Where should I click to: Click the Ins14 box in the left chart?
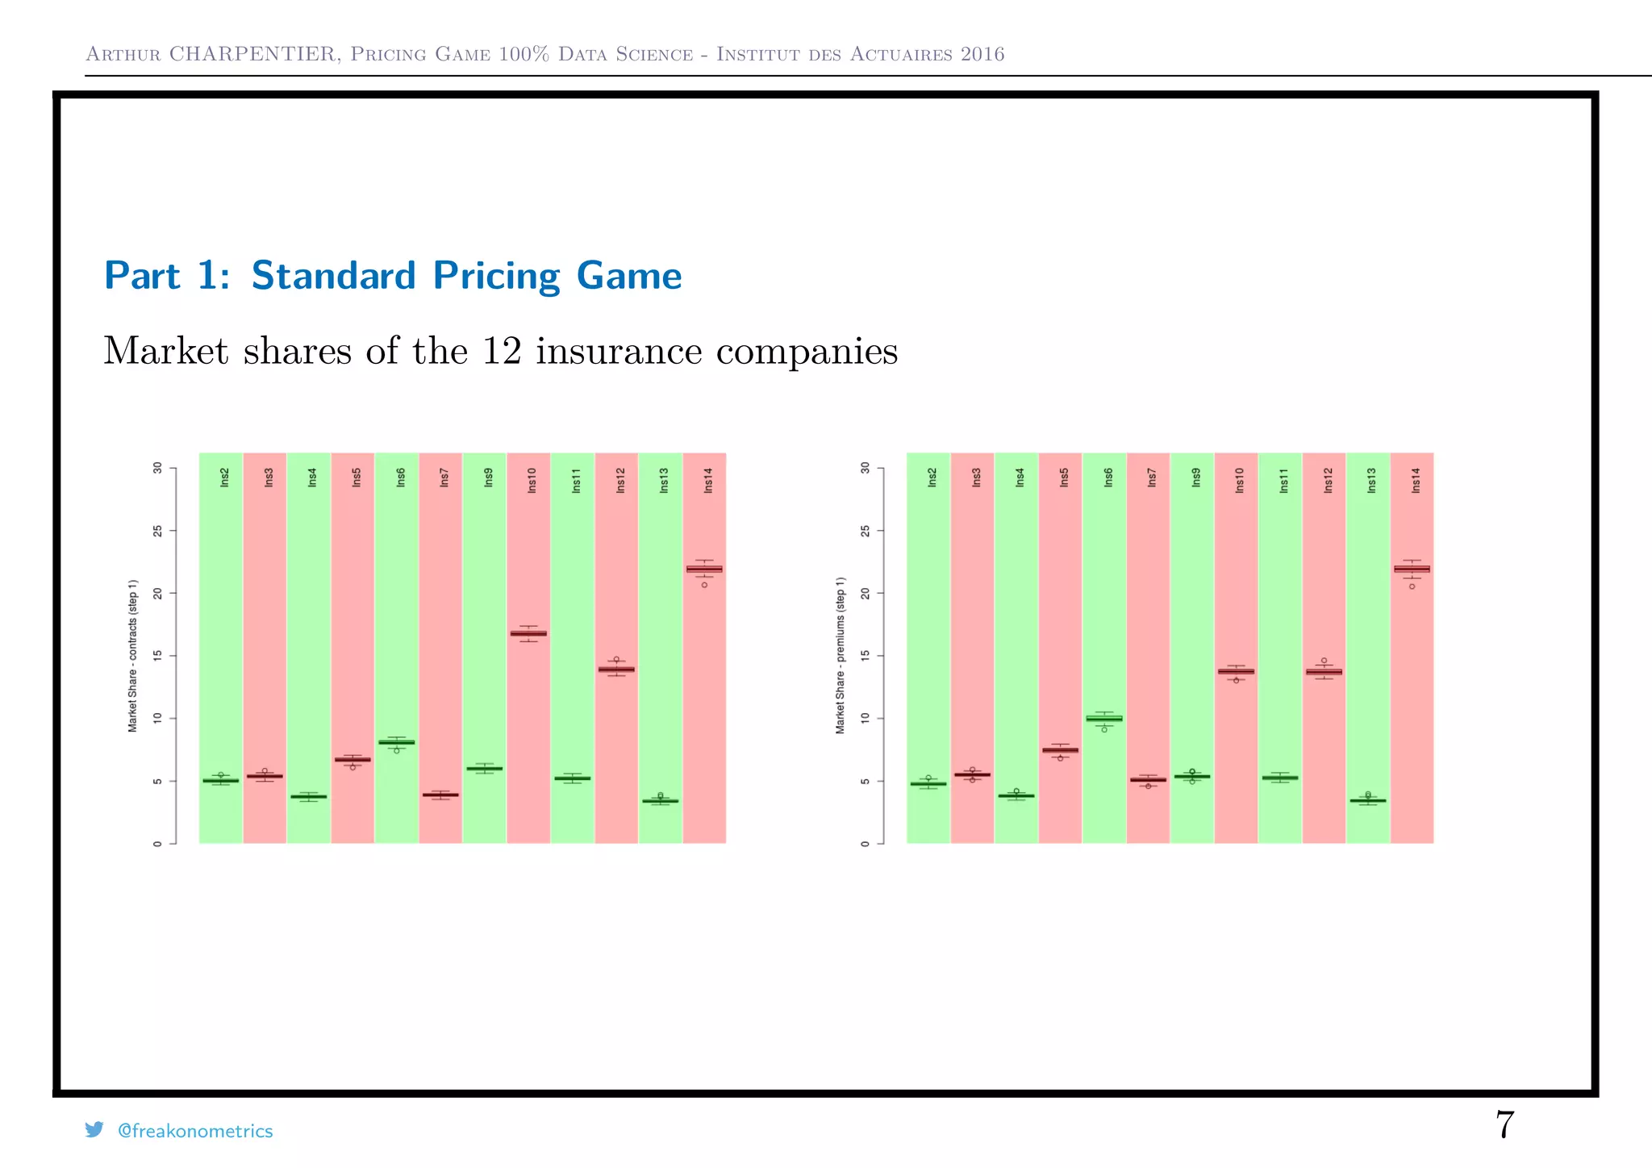[x=704, y=569]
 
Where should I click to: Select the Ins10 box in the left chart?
[x=528, y=633]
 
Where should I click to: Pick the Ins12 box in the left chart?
[x=616, y=669]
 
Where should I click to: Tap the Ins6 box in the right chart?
[x=1104, y=718]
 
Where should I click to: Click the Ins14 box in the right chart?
[x=1412, y=569]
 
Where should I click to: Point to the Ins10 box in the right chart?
[x=1236, y=671]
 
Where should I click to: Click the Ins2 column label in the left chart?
[x=225, y=478]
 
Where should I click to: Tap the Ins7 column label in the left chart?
[x=444, y=478]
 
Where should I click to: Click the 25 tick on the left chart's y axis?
[x=158, y=531]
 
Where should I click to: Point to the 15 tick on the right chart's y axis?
[x=866, y=656]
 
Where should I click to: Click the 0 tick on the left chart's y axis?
[x=158, y=844]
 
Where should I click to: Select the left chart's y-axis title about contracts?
[x=133, y=656]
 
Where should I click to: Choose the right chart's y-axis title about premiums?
[x=841, y=656]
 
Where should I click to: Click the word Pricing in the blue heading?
[x=496, y=276]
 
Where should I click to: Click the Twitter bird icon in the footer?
[x=94, y=1130]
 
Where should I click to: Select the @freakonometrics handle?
[x=195, y=1131]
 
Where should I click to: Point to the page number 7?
[x=1504, y=1124]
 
